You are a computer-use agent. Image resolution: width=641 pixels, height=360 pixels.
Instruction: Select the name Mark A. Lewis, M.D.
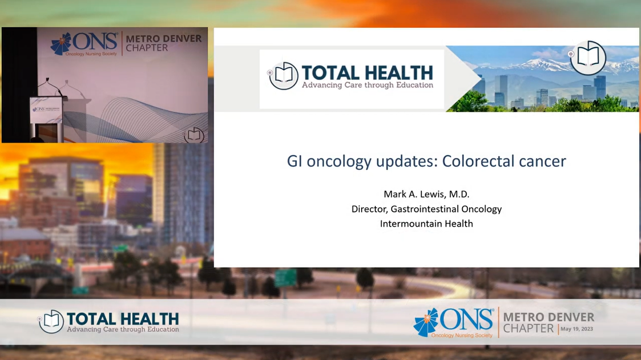(x=426, y=194)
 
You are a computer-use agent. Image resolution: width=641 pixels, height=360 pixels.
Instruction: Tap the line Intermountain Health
(x=426, y=224)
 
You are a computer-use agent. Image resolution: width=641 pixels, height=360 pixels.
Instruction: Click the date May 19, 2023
(x=577, y=329)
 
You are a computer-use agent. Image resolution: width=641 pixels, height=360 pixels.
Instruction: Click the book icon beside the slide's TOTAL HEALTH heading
(x=283, y=76)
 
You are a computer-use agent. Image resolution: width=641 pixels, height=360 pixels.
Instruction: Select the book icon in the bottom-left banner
(x=51, y=321)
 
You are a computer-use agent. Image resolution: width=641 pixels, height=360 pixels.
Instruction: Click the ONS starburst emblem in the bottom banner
(x=426, y=323)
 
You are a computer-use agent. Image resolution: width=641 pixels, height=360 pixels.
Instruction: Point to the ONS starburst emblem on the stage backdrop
(x=61, y=44)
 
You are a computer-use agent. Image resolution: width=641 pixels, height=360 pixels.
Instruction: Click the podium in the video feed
(x=46, y=119)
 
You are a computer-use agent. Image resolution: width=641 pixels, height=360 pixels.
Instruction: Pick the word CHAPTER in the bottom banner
(x=528, y=329)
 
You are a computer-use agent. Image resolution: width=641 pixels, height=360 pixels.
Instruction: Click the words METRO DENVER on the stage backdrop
(x=164, y=39)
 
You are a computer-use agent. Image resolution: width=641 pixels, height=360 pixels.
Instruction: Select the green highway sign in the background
(x=286, y=278)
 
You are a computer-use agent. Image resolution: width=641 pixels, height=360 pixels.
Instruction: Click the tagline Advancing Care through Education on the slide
(x=367, y=85)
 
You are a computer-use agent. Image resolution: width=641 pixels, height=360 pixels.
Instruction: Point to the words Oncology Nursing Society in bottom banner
(x=462, y=336)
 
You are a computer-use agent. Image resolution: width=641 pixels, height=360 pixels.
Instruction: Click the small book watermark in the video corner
(x=194, y=135)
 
